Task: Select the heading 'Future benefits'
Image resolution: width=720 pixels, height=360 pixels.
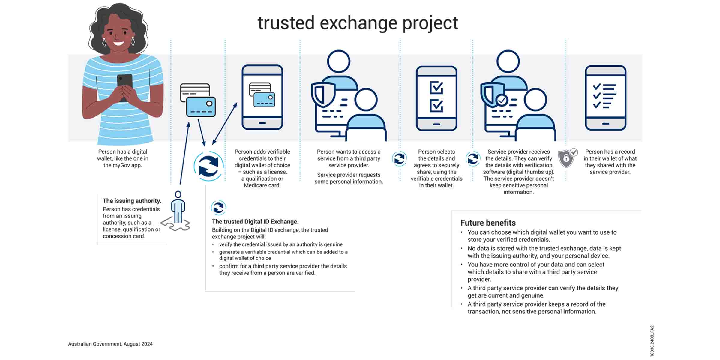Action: (x=488, y=223)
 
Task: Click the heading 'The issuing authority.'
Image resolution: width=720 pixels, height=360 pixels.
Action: (x=132, y=201)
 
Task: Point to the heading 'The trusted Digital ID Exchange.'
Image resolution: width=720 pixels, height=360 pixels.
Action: (x=255, y=222)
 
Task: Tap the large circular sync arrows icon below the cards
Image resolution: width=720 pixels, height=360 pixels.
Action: (x=208, y=166)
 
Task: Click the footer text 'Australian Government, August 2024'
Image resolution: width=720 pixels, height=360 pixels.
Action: (x=110, y=344)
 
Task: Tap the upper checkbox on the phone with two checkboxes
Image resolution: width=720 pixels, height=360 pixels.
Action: (x=436, y=88)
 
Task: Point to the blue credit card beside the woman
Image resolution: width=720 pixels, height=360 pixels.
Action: (x=201, y=106)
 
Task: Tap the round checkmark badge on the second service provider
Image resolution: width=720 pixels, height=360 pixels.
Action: (x=502, y=100)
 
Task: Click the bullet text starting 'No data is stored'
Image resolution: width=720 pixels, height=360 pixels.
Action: (x=544, y=252)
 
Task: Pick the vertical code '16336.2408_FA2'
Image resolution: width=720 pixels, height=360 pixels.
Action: (x=652, y=341)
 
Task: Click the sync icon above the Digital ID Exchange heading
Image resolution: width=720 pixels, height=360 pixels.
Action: (x=218, y=207)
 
